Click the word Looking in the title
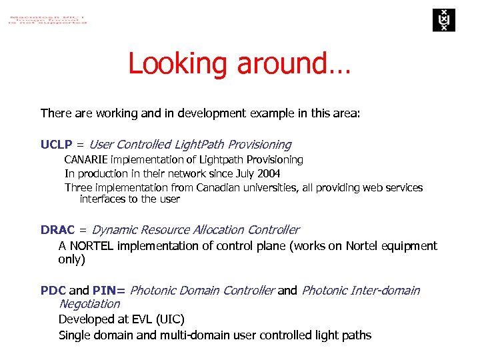175,64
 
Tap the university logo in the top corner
441,20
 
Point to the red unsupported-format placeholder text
47,18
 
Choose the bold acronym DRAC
58,230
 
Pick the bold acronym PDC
53,291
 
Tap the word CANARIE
86,160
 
